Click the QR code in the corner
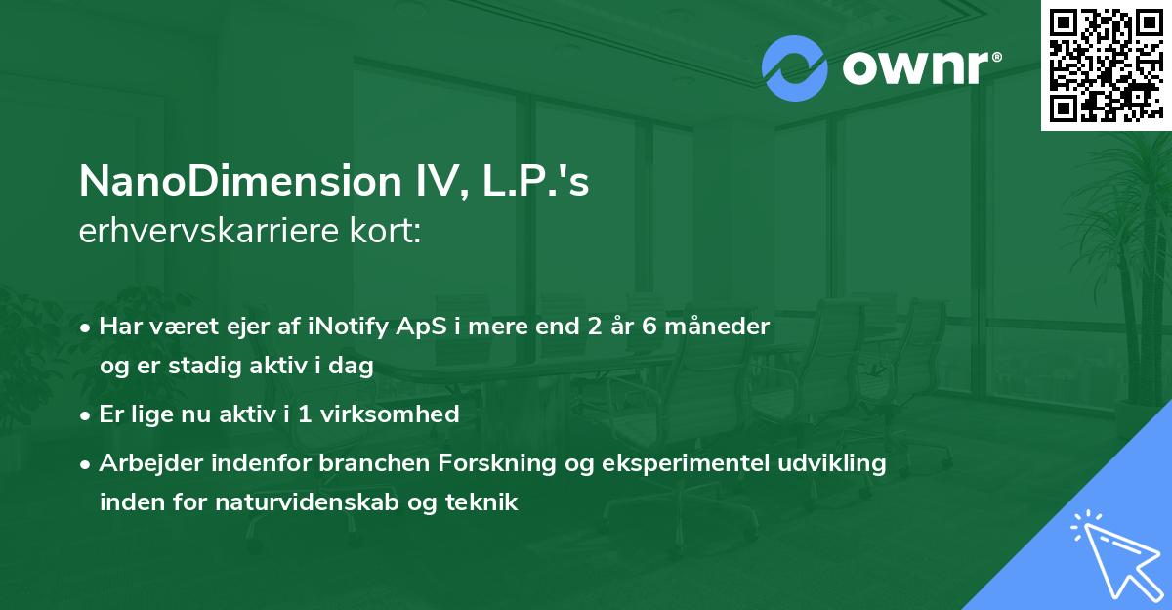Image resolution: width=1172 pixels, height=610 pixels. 1106,65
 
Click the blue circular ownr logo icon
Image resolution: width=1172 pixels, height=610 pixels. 793,67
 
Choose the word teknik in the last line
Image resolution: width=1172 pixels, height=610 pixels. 483,502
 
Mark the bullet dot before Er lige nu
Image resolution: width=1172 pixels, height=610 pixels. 87,415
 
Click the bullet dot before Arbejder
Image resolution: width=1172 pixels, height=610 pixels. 87,464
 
